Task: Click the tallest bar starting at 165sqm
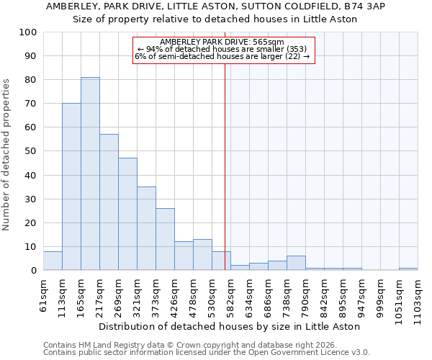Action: click(90, 174)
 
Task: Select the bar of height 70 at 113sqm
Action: click(71, 186)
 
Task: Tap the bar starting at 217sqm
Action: click(109, 202)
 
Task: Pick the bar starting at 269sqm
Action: click(127, 214)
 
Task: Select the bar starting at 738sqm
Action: click(296, 263)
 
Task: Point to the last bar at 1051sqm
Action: click(408, 269)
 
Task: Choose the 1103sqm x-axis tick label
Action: click(418, 299)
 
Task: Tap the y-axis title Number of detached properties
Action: click(6, 155)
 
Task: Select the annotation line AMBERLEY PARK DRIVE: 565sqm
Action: click(222, 42)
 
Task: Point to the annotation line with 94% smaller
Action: click(222, 49)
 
